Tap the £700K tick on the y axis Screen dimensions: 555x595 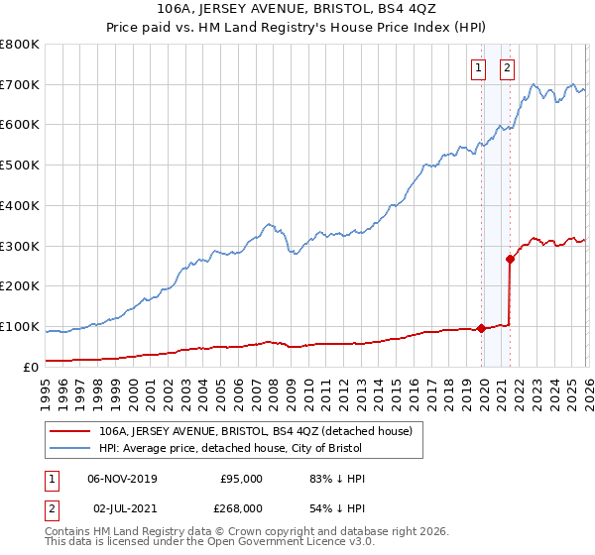pos(20,85)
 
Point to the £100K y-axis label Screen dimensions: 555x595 pos(20,327)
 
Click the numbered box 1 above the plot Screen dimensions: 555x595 pos(478,68)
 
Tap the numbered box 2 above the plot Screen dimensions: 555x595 pos(507,68)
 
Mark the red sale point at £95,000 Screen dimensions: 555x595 pos(482,328)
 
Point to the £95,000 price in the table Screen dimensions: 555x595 pos(241,479)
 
